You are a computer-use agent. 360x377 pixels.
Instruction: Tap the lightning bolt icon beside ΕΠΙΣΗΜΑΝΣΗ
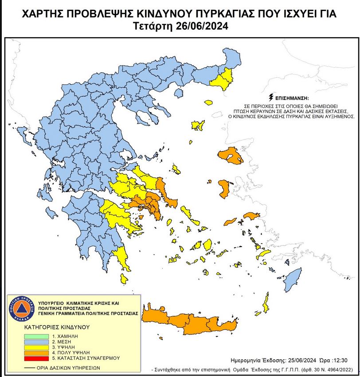tap(270, 97)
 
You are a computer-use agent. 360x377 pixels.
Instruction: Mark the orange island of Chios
tap(224, 188)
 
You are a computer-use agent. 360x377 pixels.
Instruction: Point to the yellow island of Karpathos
tap(266, 305)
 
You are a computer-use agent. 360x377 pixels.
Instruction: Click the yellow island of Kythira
tap(125, 279)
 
